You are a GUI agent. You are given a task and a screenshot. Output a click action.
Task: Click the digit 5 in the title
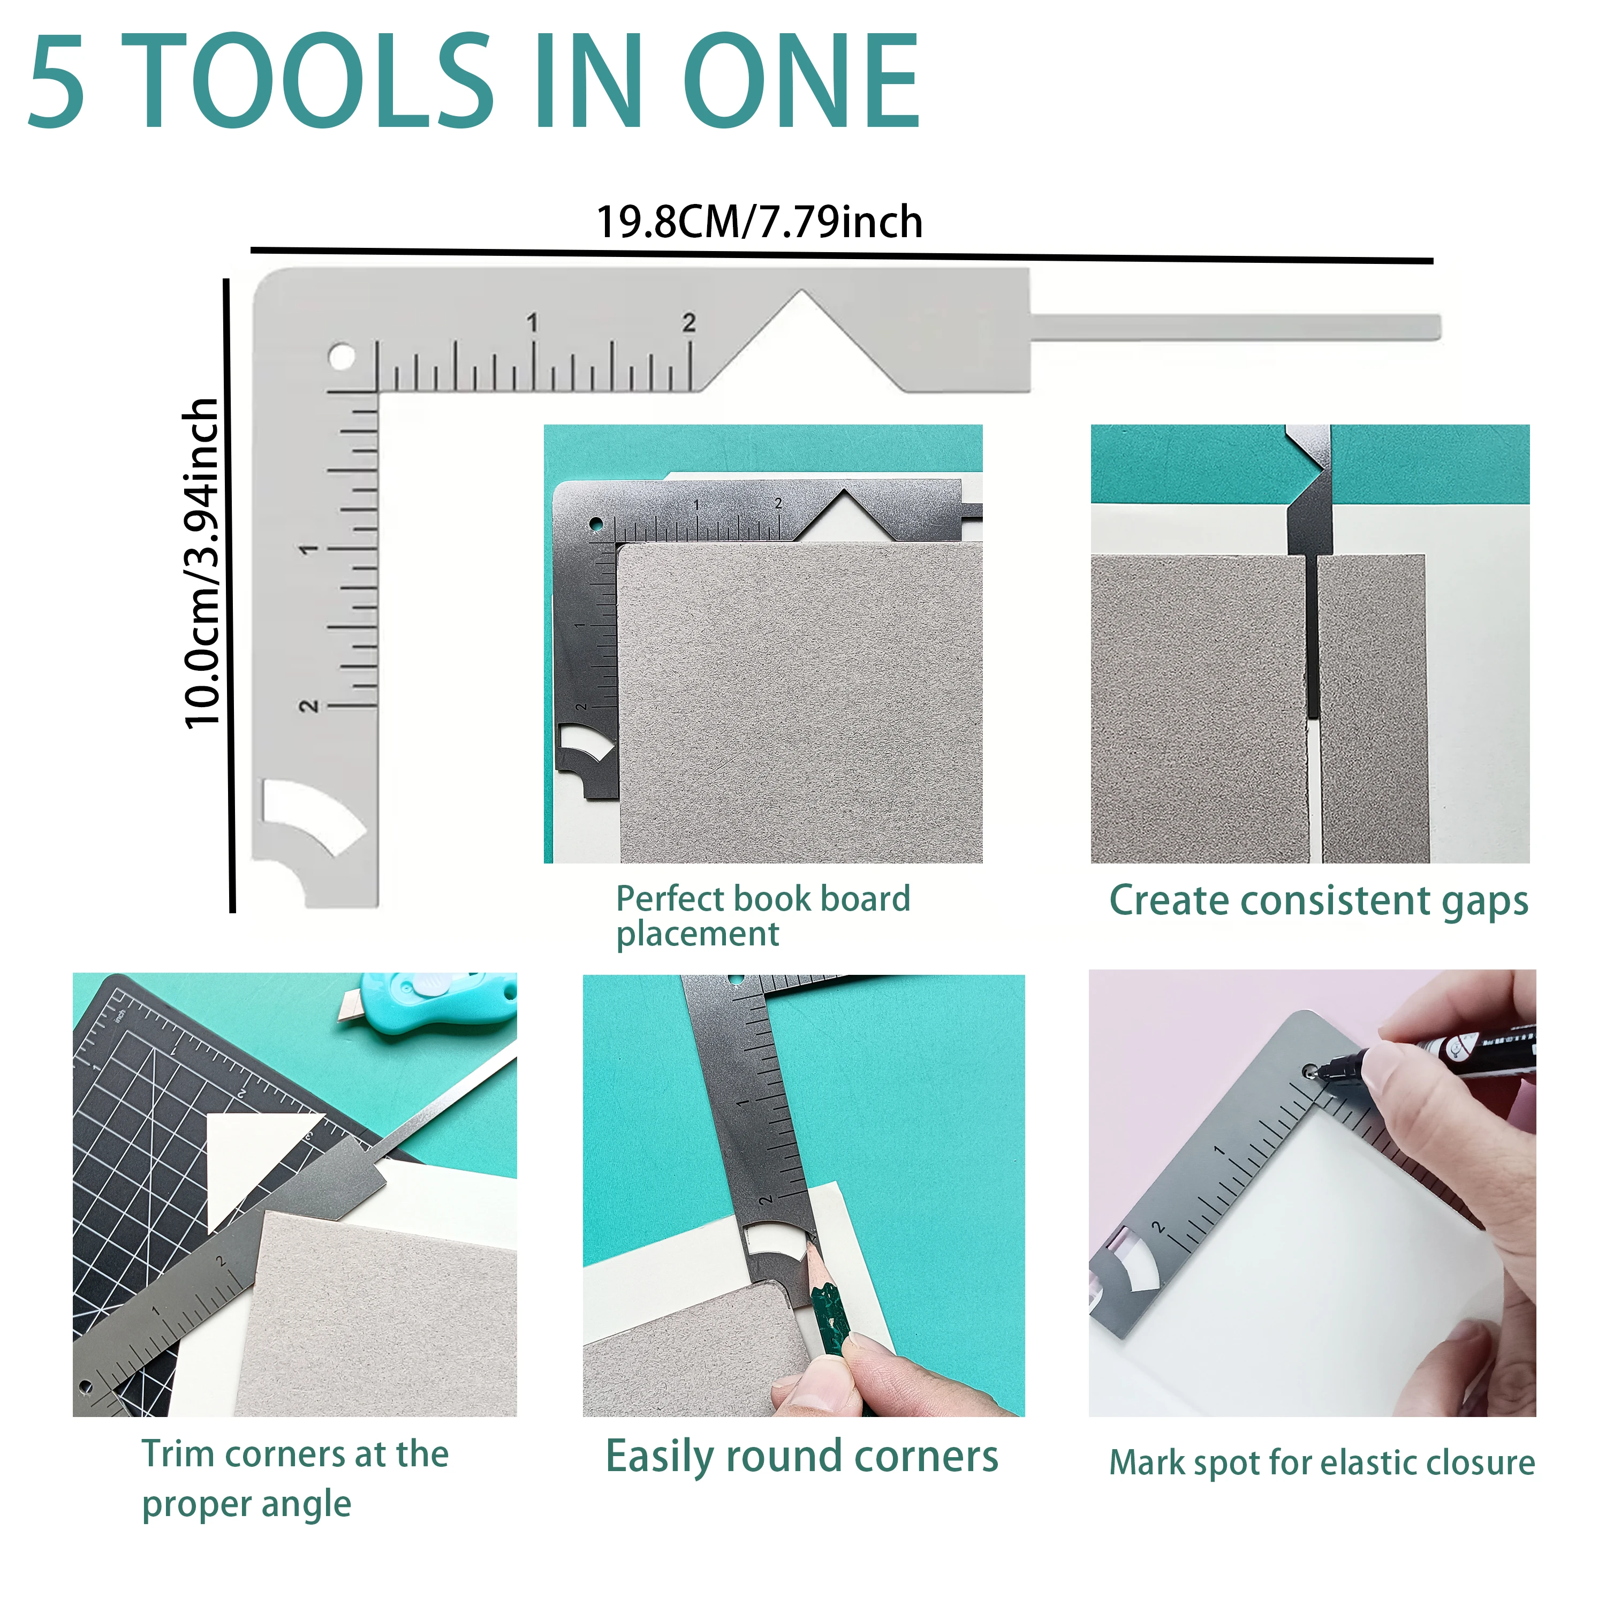tap(57, 81)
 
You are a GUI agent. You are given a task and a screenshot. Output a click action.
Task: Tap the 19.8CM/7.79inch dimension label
tap(759, 222)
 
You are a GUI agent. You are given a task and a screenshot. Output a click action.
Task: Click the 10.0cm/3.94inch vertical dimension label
tap(202, 563)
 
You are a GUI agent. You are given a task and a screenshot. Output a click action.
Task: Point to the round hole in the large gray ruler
tap(341, 358)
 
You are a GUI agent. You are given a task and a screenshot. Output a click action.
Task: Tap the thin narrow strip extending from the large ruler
tap(1235, 327)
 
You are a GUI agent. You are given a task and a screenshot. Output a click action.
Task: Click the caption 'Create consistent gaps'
tap(1319, 901)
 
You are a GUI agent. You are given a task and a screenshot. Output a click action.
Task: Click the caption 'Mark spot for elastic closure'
tap(1322, 1463)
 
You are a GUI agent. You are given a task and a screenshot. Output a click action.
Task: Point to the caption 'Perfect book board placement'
tap(763, 916)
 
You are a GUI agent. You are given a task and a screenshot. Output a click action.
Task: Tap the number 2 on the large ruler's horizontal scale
tap(689, 322)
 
